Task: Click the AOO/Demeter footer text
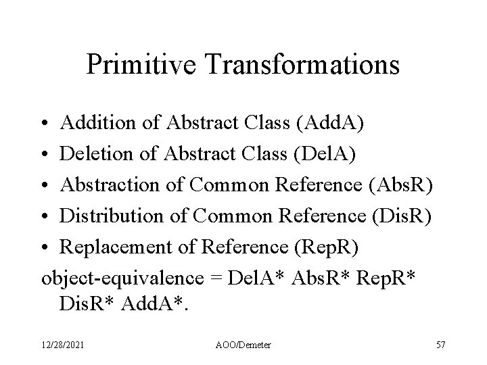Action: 243,345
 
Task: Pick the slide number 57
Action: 441,345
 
